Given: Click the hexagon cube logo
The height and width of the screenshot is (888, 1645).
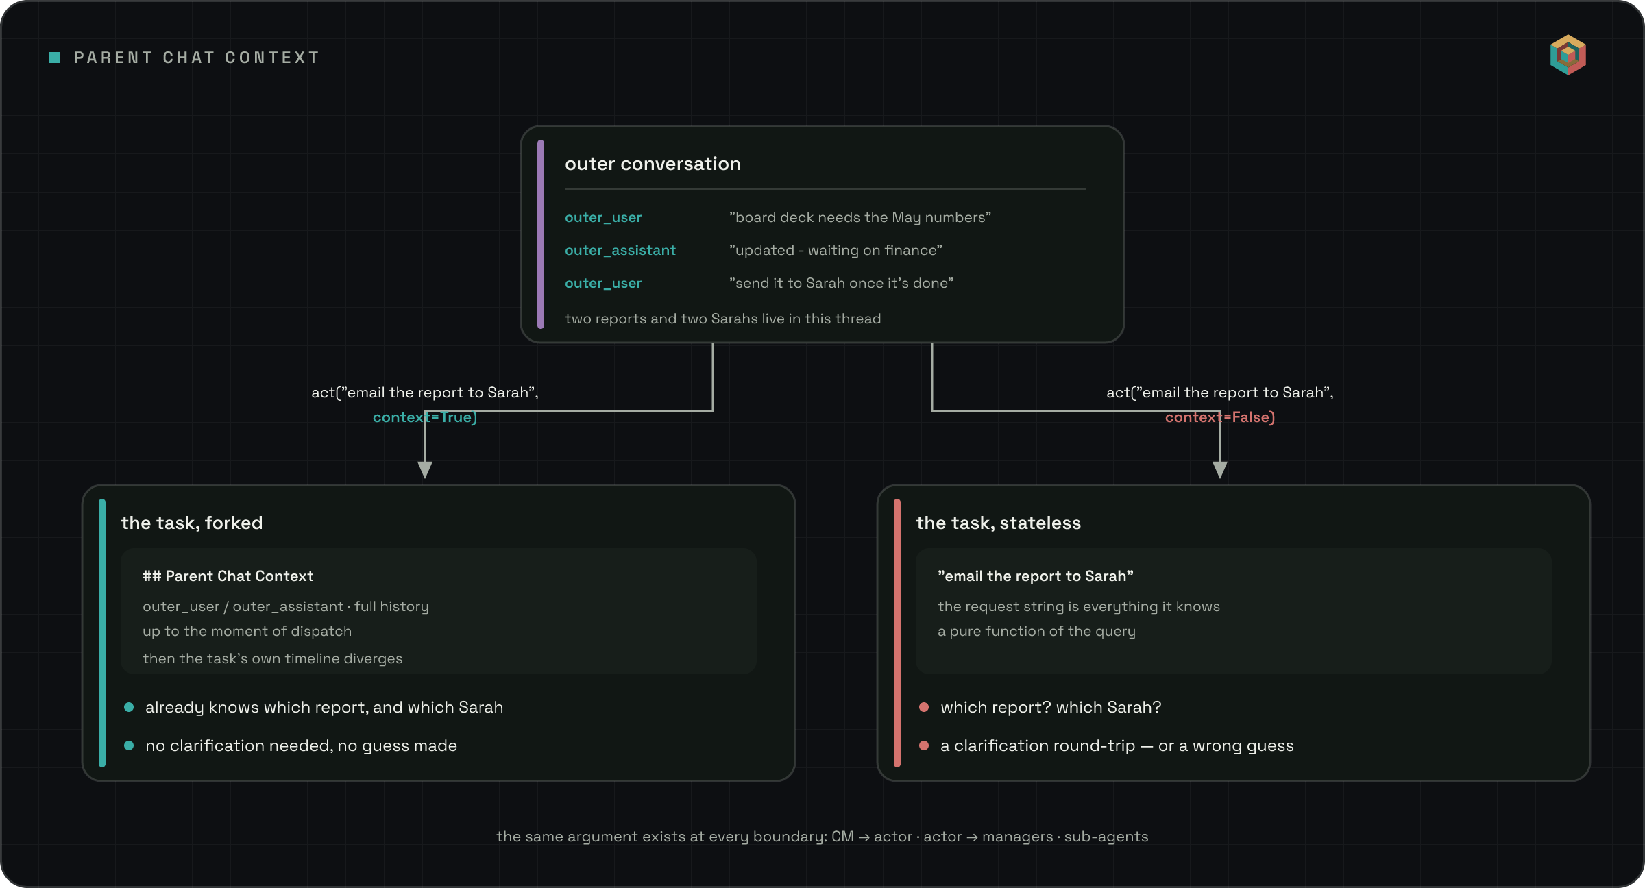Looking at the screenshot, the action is tap(1568, 55).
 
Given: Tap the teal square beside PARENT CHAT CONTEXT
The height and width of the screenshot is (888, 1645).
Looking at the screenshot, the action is tap(55, 58).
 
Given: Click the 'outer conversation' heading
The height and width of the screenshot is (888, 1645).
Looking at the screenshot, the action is tap(653, 164).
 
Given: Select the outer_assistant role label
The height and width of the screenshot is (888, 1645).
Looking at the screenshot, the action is tap(620, 251).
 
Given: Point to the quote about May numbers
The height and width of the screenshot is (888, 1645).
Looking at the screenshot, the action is tap(860, 218).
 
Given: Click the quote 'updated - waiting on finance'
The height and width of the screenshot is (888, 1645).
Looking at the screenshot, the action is tap(836, 251).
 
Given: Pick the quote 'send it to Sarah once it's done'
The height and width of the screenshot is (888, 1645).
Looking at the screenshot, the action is tap(841, 284).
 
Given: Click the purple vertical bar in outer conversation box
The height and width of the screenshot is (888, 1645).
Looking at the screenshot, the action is tap(541, 234).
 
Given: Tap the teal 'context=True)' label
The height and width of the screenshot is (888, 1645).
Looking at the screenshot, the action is tap(425, 417).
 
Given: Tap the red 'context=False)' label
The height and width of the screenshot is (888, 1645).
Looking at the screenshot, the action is tap(1220, 417).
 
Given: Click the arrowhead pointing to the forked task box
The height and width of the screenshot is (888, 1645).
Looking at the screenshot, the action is tap(425, 469).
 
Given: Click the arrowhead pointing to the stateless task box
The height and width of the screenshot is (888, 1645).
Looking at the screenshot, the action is tap(1220, 469).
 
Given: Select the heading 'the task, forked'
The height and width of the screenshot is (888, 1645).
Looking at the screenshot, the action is tap(192, 523).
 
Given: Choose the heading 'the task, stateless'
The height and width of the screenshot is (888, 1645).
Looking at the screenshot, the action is tap(998, 523).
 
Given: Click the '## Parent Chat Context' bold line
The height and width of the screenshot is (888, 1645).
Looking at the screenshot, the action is tap(228, 576).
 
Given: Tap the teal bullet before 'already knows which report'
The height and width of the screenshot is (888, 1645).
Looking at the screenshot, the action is tap(129, 707).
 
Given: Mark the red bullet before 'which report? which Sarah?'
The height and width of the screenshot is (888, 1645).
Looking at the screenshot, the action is tap(924, 707).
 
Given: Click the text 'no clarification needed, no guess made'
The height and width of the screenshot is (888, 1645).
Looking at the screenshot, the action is tap(301, 746).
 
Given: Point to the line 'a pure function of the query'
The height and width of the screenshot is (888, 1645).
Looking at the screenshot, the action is tap(1036, 632).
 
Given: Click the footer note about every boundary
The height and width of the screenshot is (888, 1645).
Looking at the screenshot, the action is tap(822, 837).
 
